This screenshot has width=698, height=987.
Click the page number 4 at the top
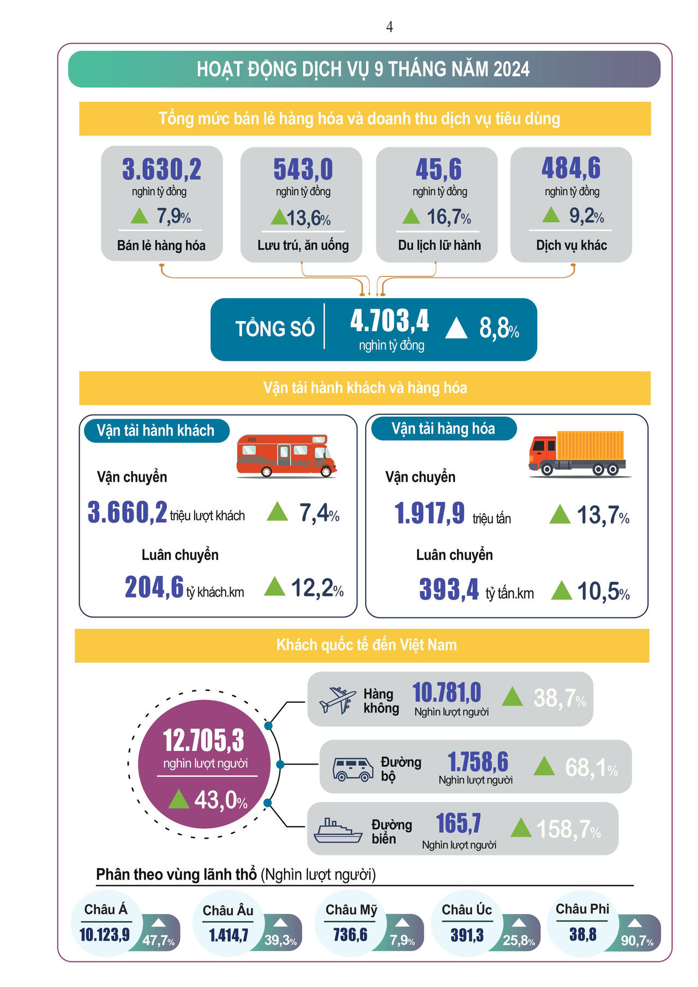pyautogui.click(x=389, y=27)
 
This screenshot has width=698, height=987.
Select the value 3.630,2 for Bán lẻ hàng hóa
pyautogui.click(x=161, y=169)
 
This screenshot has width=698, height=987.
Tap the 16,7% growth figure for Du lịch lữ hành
pyautogui.click(x=448, y=217)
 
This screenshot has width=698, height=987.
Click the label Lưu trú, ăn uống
pyautogui.click(x=303, y=245)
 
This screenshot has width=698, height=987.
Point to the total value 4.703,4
pyautogui.click(x=389, y=321)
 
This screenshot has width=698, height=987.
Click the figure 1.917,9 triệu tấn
pyautogui.click(x=430, y=514)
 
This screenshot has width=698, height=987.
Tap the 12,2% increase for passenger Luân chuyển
pyautogui.click(x=317, y=588)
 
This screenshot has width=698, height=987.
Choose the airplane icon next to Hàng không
pyautogui.click(x=338, y=700)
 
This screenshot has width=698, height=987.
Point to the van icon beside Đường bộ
pyautogui.click(x=353, y=768)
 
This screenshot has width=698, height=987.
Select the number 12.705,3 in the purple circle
pyautogui.click(x=203, y=741)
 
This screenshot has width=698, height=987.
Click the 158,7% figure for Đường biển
pyautogui.click(x=568, y=829)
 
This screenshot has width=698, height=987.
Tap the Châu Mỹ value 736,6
pyautogui.click(x=350, y=935)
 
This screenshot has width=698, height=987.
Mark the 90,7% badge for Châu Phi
pyautogui.click(x=637, y=941)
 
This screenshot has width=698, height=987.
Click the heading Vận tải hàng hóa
pyautogui.click(x=443, y=429)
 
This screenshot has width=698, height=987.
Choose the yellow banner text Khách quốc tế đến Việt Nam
pyautogui.click(x=366, y=645)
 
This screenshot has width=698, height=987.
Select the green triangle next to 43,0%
pyautogui.click(x=179, y=799)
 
